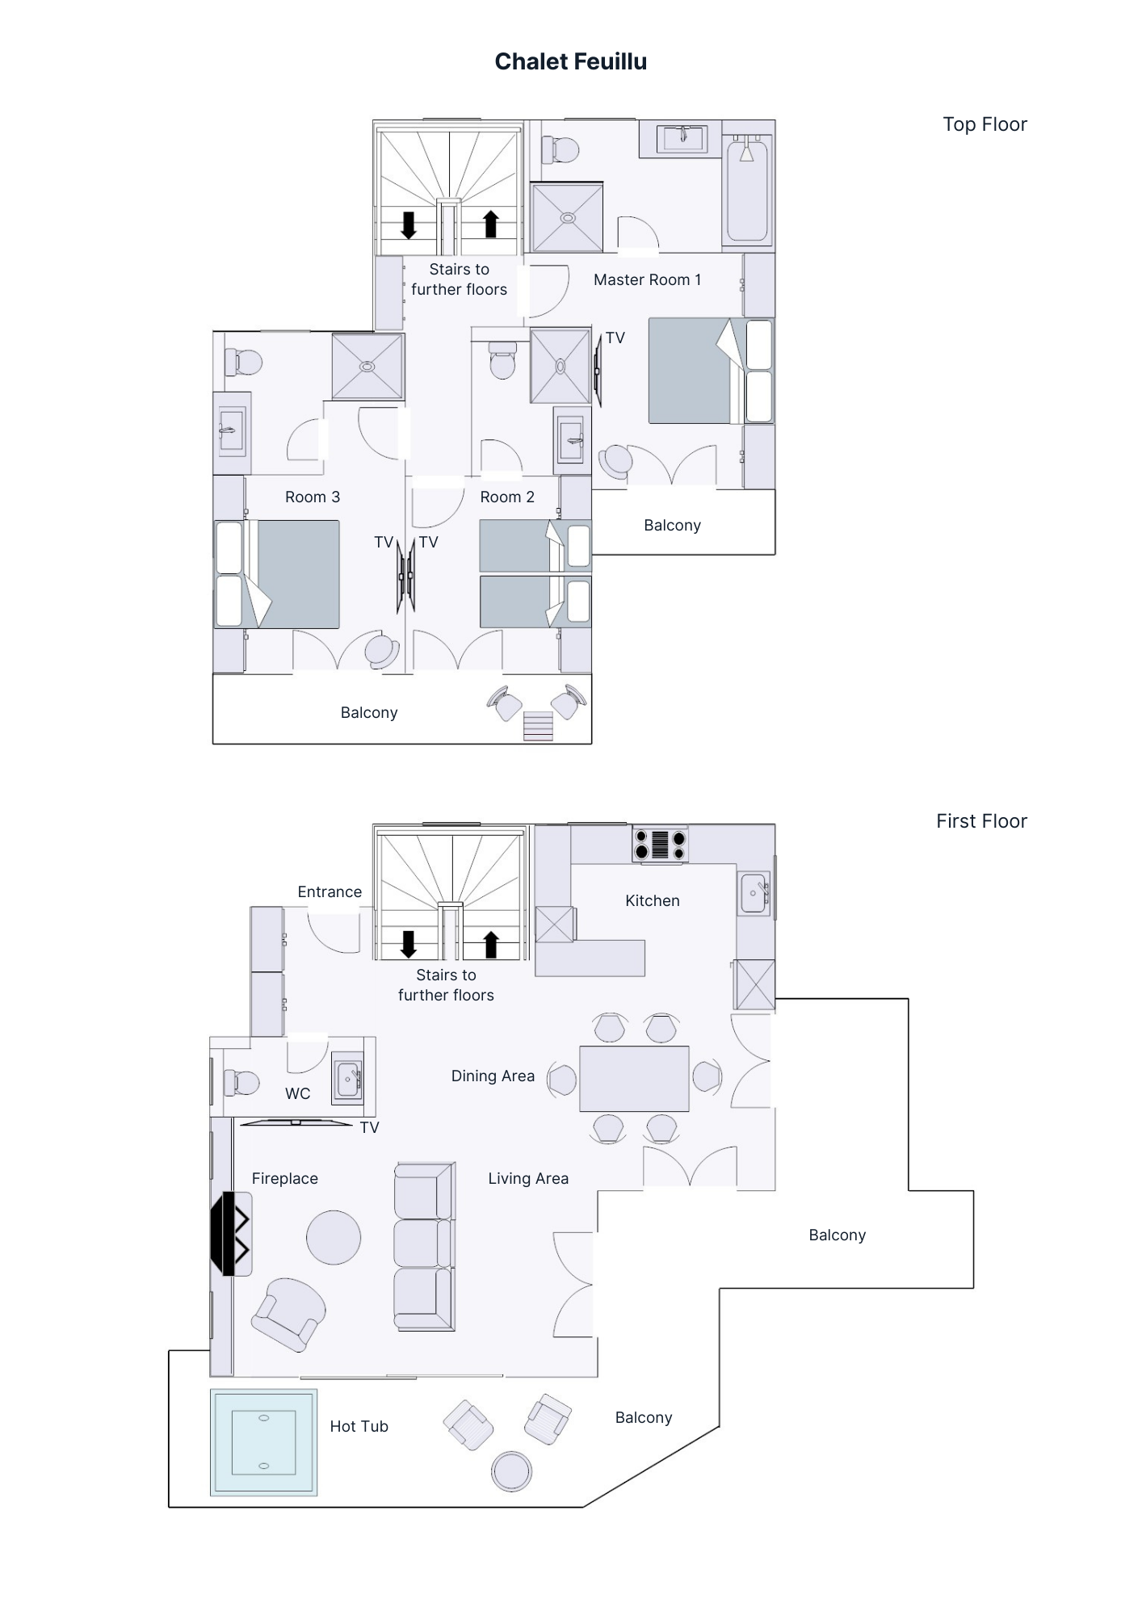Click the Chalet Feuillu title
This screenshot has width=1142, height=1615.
click(x=571, y=61)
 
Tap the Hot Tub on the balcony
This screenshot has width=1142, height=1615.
click(x=263, y=1442)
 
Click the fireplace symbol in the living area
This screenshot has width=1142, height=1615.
click(x=230, y=1234)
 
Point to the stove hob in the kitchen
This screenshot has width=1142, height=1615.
click(x=660, y=845)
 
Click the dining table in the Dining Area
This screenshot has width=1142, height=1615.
click(x=634, y=1079)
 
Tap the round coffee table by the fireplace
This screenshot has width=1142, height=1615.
click(x=334, y=1237)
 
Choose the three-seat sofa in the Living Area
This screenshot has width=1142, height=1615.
click(x=425, y=1246)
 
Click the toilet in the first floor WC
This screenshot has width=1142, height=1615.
click(x=241, y=1083)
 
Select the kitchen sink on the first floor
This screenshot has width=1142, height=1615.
click(x=754, y=894)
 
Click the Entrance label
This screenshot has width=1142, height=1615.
click(x=330, y=892)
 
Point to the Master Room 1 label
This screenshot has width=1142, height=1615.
click(x=648, y=280)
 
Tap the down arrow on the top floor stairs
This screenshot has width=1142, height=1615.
click(x=409, y=225)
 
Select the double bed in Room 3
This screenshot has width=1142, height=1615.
click(x=277, y=574)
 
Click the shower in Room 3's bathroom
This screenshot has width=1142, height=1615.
click(x=367, y=367)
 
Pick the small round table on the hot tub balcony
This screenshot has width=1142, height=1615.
click(x=511, y=1470)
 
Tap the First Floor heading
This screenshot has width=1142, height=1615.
click(x=981, y=821)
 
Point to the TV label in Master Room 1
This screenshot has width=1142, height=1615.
click(x=615, y=338)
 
